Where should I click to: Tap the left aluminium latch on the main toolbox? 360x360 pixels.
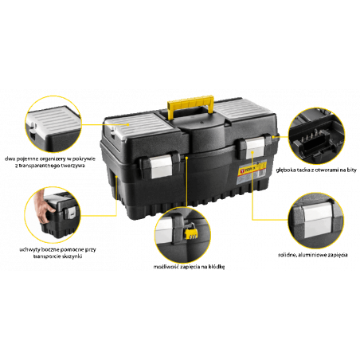click(161, 166)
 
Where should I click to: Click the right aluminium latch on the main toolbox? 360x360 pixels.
click(254, 148)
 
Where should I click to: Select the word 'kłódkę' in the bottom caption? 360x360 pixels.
click(216, 267)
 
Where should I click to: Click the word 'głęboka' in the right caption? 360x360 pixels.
click(286, 170)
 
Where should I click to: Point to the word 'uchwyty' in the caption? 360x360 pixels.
click(29, 250)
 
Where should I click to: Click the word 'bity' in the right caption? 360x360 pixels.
click(351, 170)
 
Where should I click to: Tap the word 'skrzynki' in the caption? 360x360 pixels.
click(72, 256)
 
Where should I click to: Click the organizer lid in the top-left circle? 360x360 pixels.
click(53, 120)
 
